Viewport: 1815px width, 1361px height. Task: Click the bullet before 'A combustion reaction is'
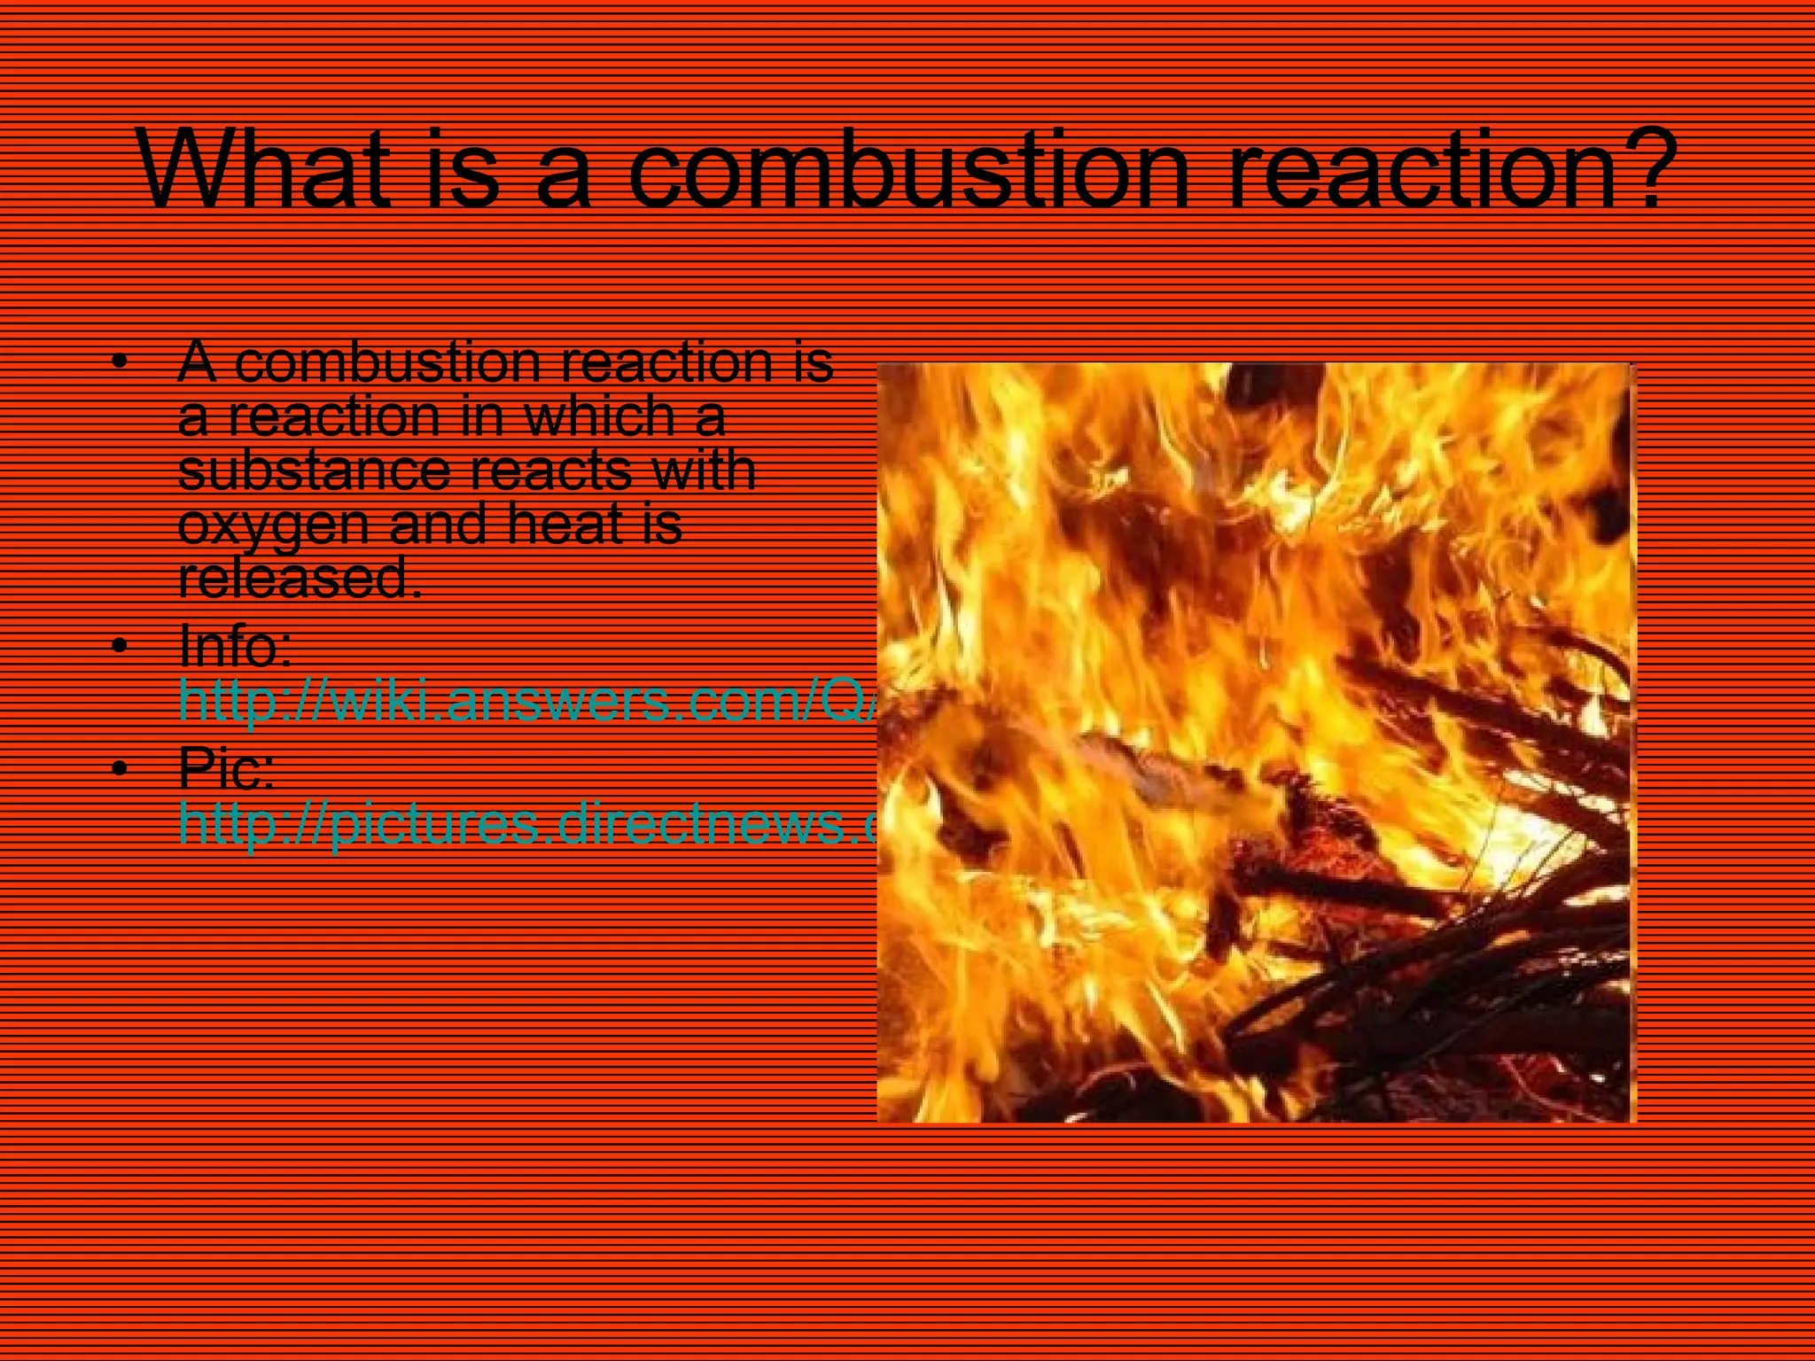[x=121, y=362]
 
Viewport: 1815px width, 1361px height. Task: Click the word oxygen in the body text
[x=273, y=525]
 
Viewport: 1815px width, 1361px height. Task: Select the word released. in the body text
[x=300, y=578]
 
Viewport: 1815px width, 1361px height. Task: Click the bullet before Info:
[x=121, y=646]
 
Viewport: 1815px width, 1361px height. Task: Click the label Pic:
[x=226, y=767]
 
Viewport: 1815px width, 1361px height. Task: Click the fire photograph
[x=1256, y=743]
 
